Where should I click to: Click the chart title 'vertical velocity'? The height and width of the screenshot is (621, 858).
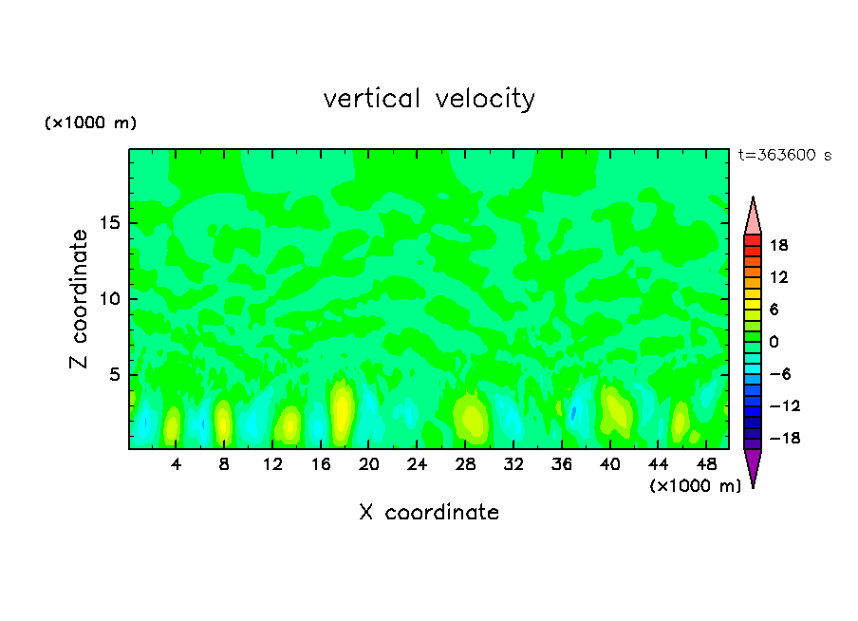[429, 99]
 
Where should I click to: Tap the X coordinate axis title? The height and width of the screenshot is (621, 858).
[429, 513]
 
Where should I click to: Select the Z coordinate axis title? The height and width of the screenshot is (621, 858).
[80, 299]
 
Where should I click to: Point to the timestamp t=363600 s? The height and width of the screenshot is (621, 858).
[784, 156]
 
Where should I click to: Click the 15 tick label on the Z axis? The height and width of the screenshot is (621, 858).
[111, 224]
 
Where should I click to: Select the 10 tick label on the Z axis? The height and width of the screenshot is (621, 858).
[111, 299]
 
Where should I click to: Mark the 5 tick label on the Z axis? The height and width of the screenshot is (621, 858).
[116, 375]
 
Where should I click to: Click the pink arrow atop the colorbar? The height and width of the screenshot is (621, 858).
[753, 216]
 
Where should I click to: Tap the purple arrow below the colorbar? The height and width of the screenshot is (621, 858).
[753, 466]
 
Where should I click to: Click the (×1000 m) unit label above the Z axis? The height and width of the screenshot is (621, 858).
[90, 123]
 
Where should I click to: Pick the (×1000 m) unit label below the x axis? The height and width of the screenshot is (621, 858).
[695, 486]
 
